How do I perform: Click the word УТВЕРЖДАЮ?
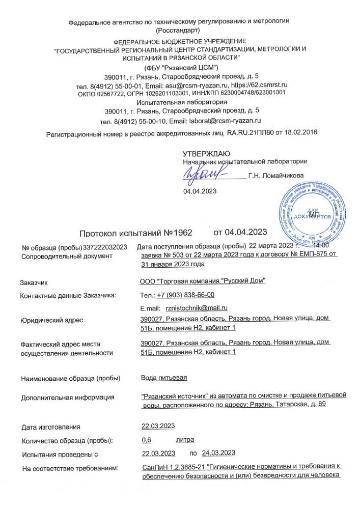(206, 153)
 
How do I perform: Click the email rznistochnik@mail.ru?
(194, 308)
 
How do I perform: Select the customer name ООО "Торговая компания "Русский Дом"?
(203, 281)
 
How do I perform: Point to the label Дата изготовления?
(51, 427)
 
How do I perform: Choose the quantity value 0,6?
(147, 440)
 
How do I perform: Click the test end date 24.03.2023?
(218, 453)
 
